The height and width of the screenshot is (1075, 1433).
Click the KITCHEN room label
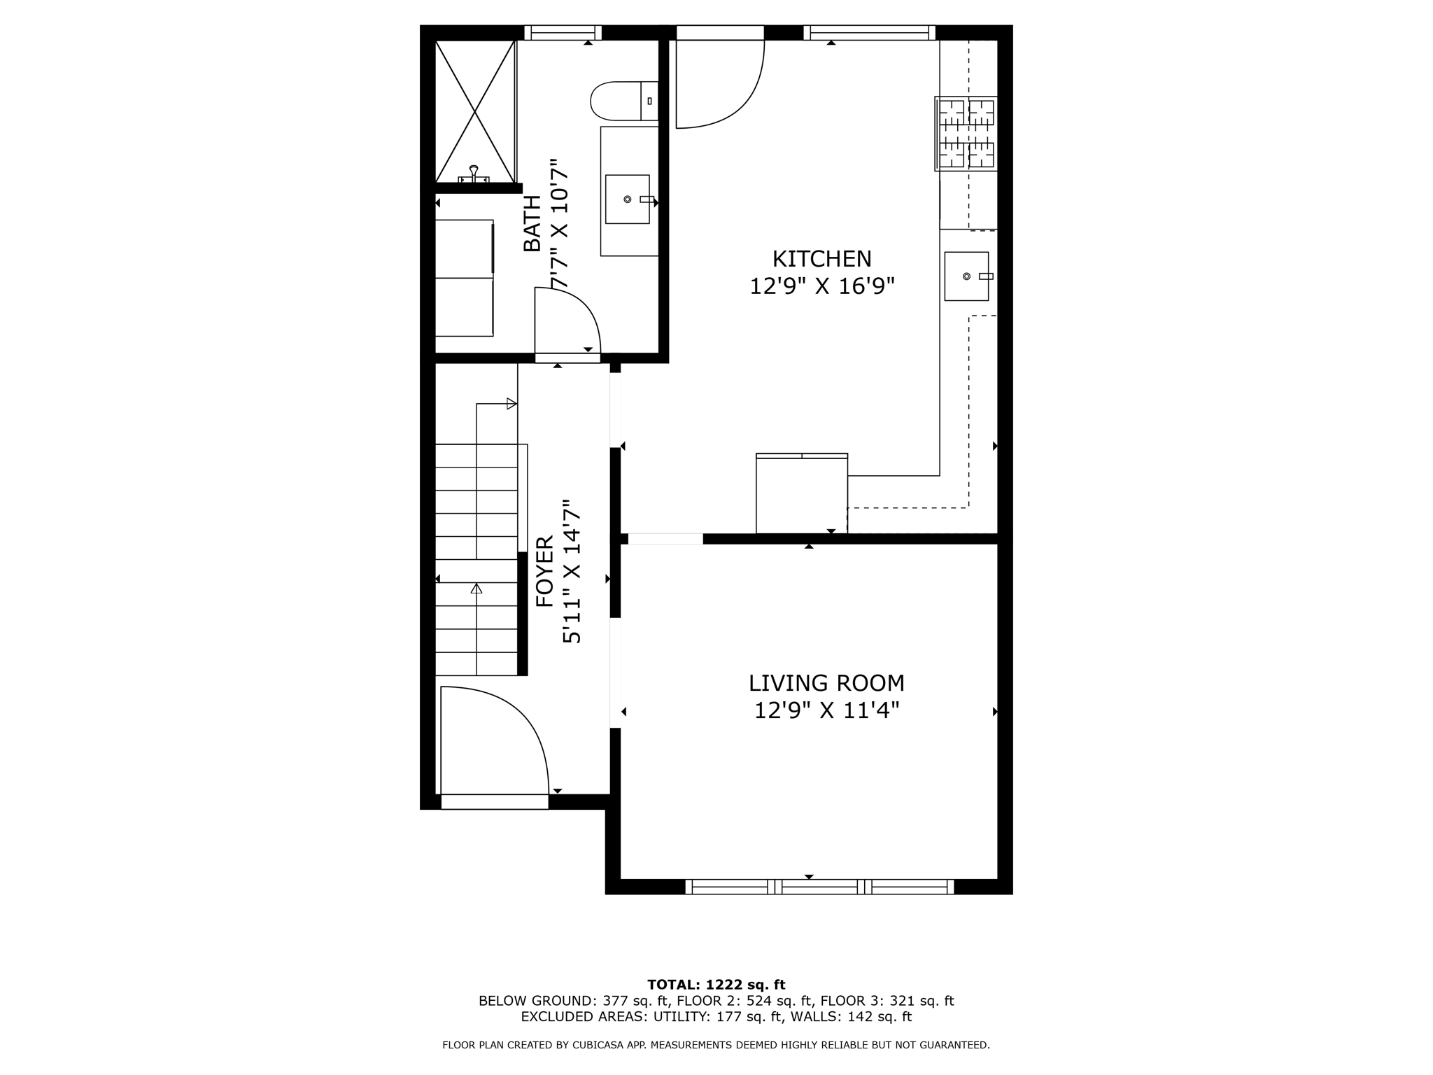821,259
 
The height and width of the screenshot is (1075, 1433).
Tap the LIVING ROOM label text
826,683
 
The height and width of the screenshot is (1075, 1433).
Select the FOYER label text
545,572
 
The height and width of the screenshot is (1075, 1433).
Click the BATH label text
532,224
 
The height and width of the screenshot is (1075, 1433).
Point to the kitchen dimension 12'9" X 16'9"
822,286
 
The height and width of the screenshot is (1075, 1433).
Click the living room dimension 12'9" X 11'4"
826,711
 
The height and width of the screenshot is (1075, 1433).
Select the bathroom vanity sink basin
627,199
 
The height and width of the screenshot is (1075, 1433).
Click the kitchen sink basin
966,276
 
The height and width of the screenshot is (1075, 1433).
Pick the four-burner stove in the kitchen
966,134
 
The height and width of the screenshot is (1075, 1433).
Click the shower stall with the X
475,111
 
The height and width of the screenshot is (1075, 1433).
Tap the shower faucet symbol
474,174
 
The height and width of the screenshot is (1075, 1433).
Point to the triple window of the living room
819,887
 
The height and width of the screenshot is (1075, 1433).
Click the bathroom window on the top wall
563,32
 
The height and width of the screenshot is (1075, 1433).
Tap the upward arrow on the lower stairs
477,588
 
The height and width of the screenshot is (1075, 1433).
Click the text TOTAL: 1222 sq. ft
716,985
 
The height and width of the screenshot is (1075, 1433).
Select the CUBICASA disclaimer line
716,1045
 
